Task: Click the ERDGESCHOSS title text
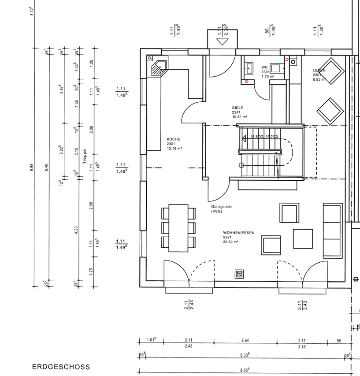pyautogui.click(x=61, y=367)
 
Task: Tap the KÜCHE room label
pyautogui.click(x=173, y=139)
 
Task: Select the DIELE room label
pyautogui.click(x=238, y=108)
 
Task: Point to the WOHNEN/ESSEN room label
pyautogui.click(x=239, y=232)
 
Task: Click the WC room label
pyautogui.click(x=264, y=67)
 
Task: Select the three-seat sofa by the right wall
pyautogui.click(x=333, y=231)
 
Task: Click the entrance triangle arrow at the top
pyautogui.click(x=223, y=42)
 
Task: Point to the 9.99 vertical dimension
pyautogui.click(x=32, y=168)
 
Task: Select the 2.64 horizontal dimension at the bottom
pyautogui.click(x=245, y=340)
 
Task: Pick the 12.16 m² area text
pyautogui.click(x=174, y=149)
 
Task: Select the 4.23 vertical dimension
pyautogui.click(x=76, y=229)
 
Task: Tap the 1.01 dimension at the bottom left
pyautogui.click(x=152, y=340)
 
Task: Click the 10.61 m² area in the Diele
pyautogui.click(x=240, y=117)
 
